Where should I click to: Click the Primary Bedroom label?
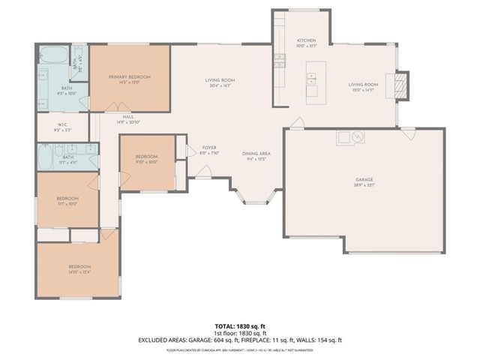tap(129, 77)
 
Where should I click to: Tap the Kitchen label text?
tap(306, 40)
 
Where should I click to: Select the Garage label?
tap(364, 180)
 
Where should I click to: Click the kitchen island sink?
tap(311, 77)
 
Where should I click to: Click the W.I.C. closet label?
tap(63, 124)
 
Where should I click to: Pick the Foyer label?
tap(209, 148)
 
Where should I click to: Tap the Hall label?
tap(128, 117)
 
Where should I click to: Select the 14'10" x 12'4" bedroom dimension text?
tap(79, 272)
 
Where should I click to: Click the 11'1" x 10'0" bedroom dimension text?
tap(67, 203)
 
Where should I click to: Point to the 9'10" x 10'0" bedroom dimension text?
tap(148, 162)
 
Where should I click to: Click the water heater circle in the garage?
tap(359, 136)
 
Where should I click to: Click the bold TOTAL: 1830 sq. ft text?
tap(240, 326)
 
